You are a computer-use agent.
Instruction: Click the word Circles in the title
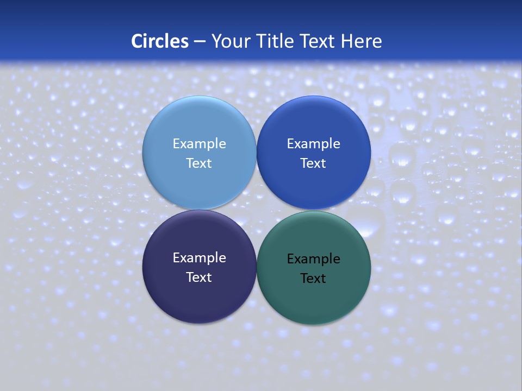tap(160, 41)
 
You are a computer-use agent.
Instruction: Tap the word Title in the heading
tap(276, 41)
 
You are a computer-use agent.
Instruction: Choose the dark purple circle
tap(199, 296)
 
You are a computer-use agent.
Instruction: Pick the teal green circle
tap(313, 299)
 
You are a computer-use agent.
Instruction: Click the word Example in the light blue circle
tap(199, 144)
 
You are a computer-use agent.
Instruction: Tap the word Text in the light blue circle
tap(199, 163)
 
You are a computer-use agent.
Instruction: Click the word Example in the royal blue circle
tap(313, 144)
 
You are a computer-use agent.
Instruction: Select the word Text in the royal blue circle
tap(313, 163)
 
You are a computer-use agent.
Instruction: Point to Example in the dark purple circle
tap(199, 258)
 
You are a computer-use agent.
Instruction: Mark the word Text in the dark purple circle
tap(199, 278)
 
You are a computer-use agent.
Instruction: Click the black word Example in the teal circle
tap(313, 259)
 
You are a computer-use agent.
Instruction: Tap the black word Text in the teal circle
tap(313, 279)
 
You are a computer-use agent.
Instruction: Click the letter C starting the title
tap(136, 41)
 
